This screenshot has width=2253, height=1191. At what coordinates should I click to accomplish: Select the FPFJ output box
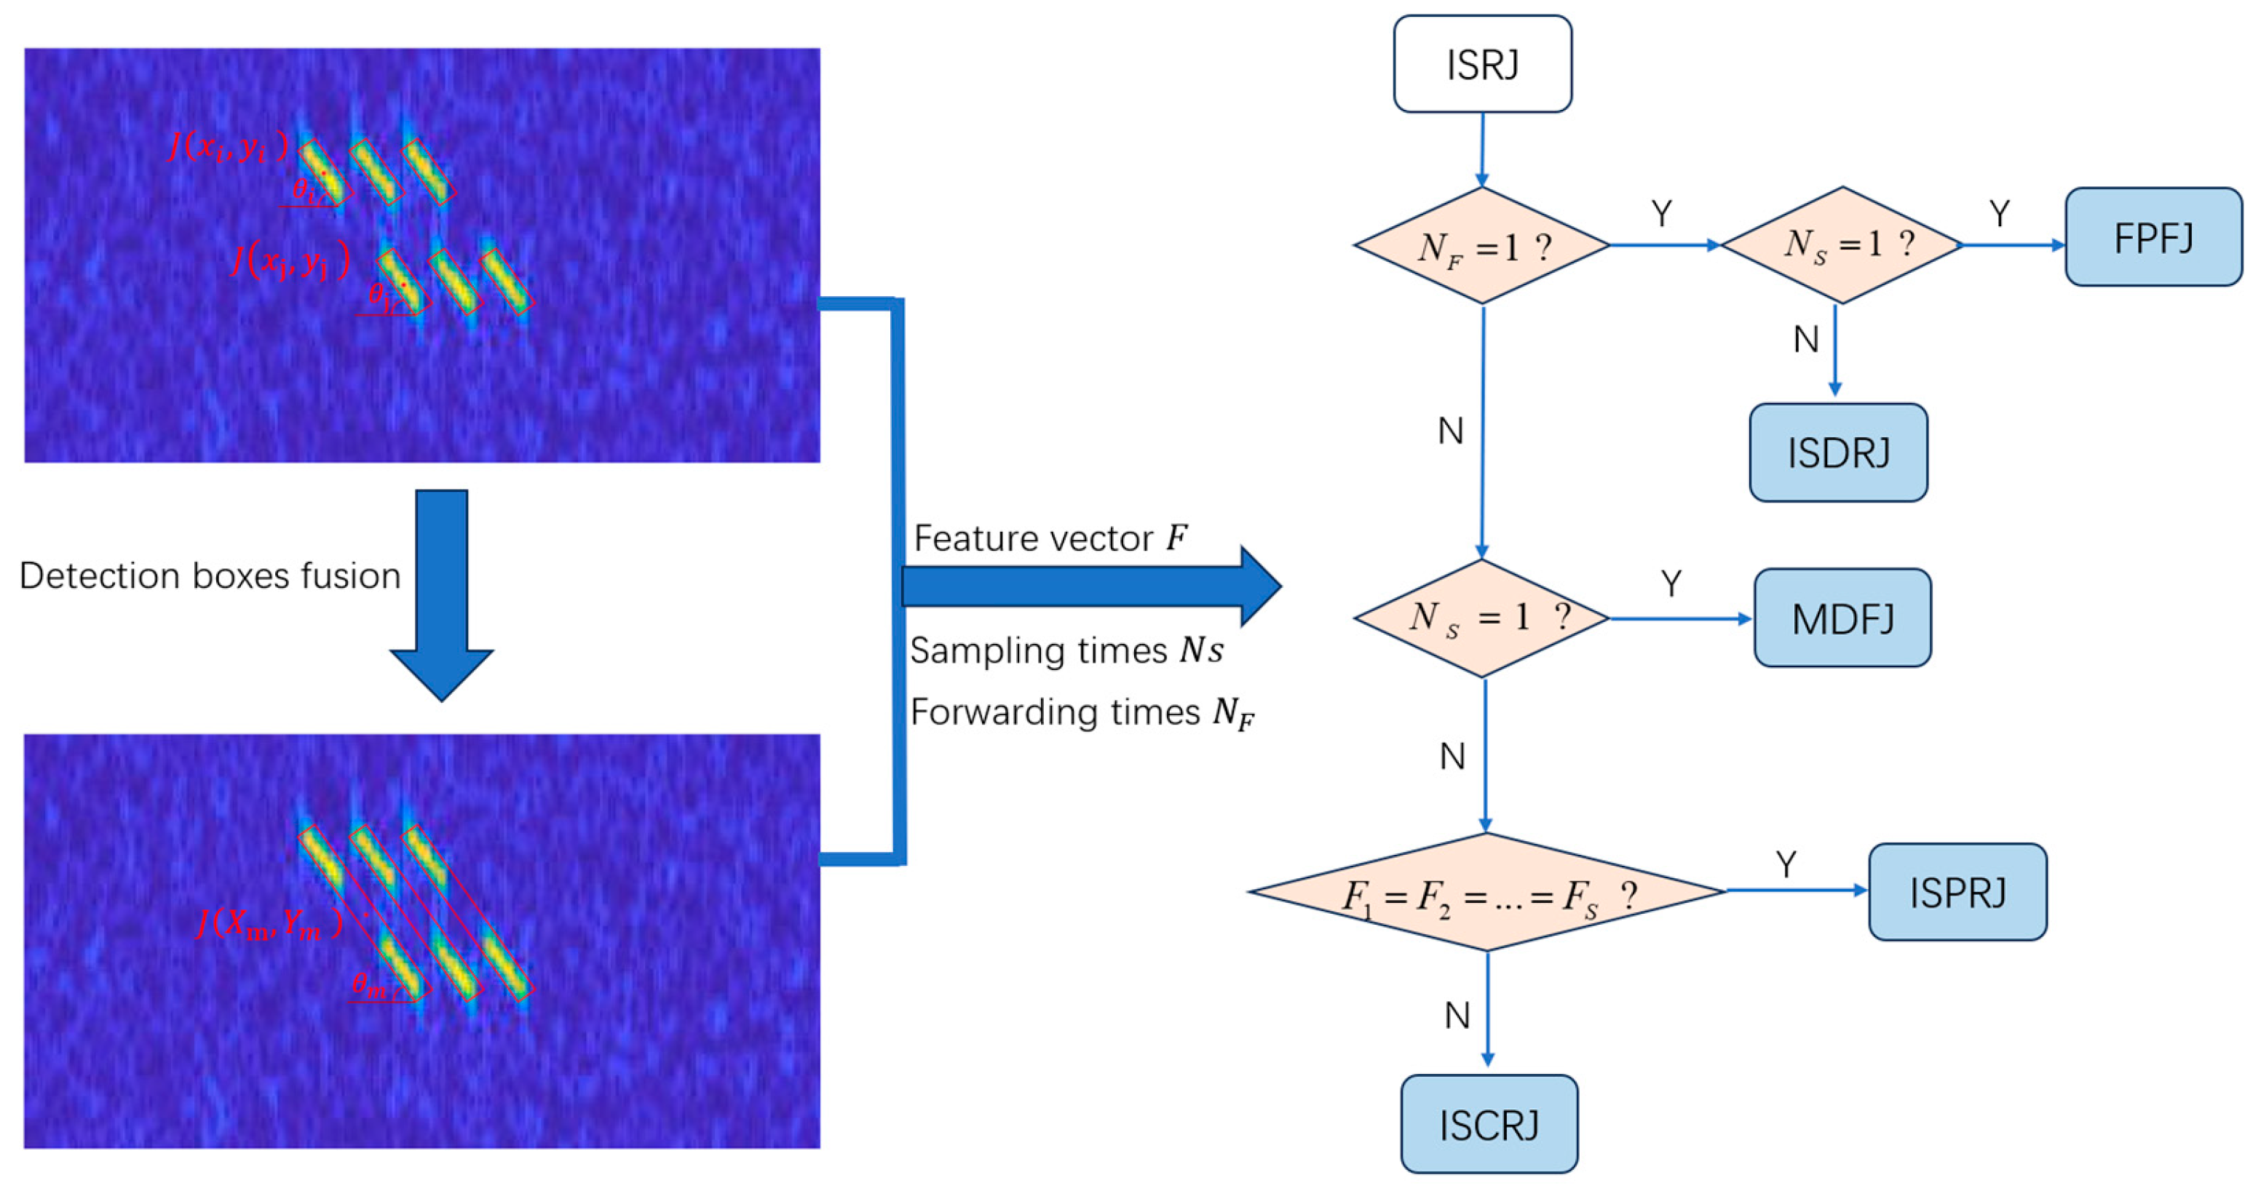click(2153, 237)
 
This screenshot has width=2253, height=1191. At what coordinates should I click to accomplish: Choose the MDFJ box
click(1842, 618)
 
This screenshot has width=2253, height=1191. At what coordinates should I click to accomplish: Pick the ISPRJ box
click(1957, 892)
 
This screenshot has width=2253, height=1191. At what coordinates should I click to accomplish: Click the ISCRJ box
click(1489, 1123)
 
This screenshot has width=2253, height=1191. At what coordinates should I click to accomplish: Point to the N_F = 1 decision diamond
click(1481, 246)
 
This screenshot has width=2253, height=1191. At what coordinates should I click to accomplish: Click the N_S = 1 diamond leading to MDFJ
click(1481, 618)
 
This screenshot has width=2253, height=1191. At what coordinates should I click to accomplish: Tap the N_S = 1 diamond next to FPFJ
click(1842, 245)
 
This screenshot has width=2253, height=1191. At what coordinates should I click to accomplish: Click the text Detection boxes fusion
click(210, 576)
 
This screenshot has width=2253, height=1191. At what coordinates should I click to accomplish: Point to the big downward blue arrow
click(442, 594)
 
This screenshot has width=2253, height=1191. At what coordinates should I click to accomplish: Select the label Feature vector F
click(1050, 538)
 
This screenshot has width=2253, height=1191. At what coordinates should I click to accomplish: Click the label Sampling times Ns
click(1065, 650)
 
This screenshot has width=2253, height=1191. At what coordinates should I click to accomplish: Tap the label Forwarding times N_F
click(1082, 713)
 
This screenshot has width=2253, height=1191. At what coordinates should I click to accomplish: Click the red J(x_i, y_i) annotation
click(227, 146)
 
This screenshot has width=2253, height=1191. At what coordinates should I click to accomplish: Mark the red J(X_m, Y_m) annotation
click(269, 923)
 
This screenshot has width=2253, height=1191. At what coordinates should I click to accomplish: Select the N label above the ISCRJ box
click(1456, 1015)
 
